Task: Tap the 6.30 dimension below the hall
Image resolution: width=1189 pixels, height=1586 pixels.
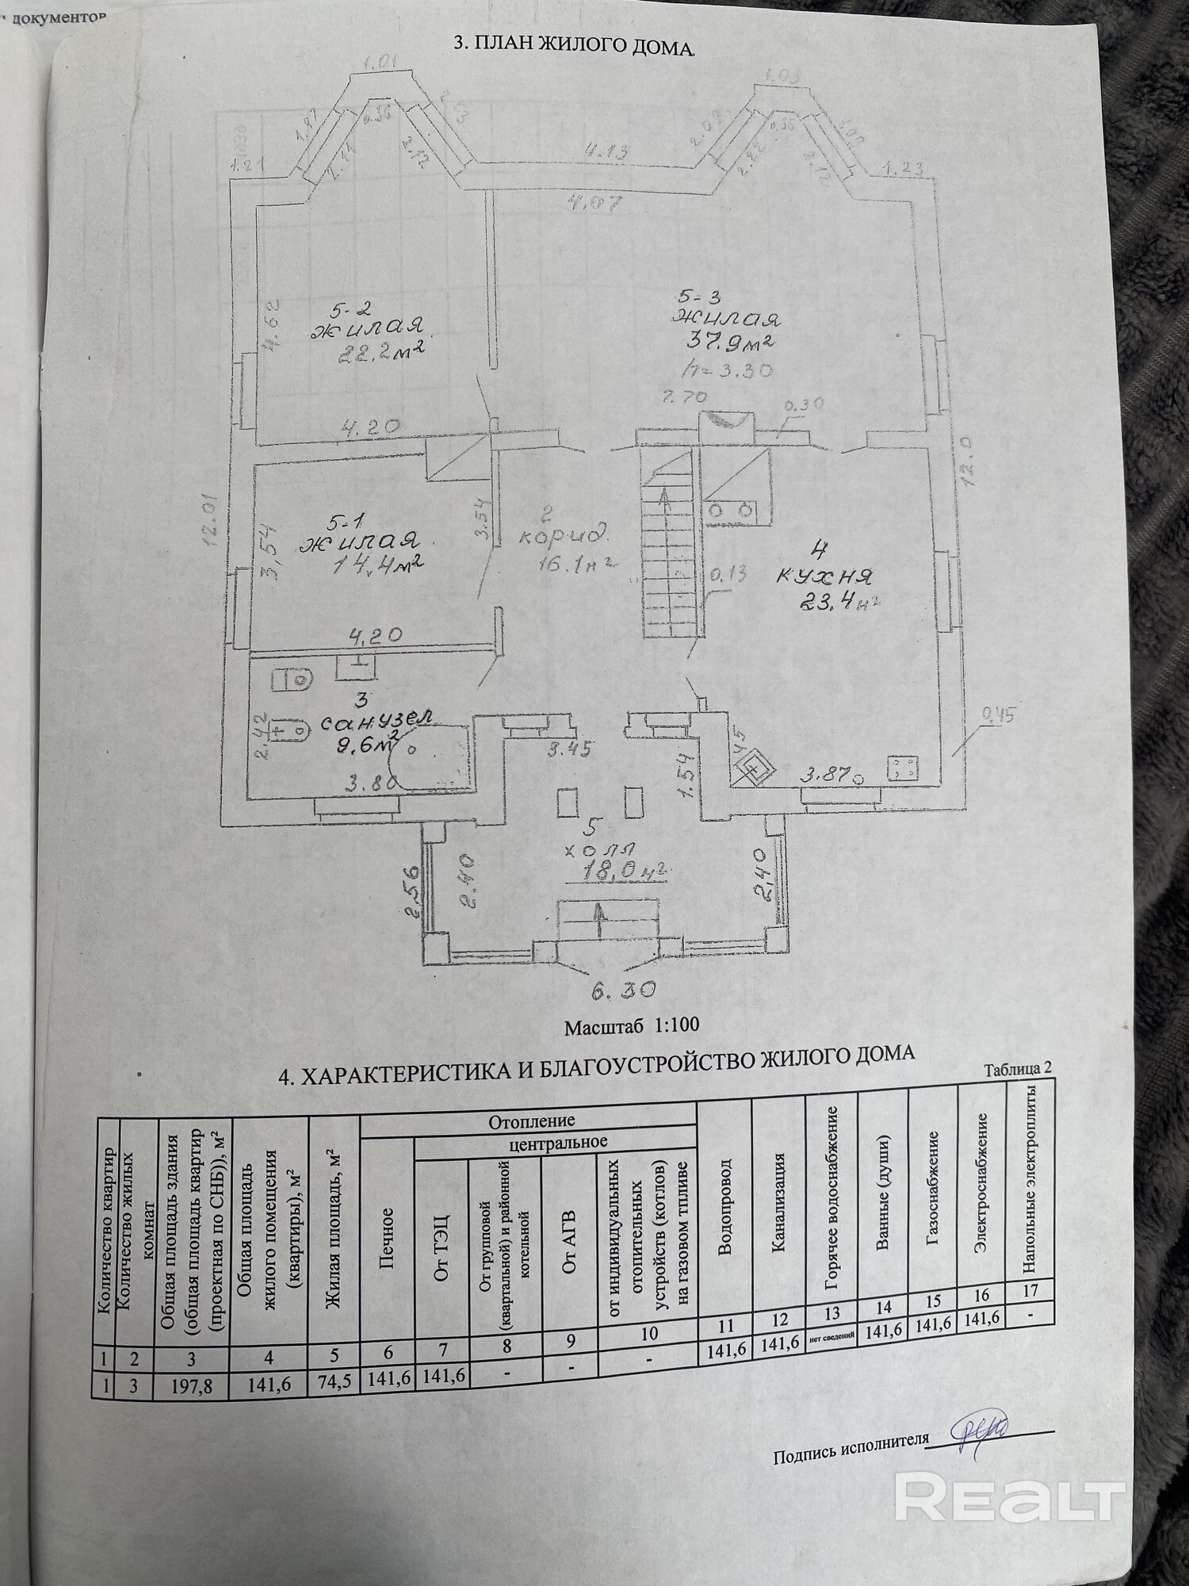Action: [x=622, y=990]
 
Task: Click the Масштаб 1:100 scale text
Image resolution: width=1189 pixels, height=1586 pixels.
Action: [x=631, y=1025]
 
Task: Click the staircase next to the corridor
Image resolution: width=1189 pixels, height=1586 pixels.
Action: [x=671, y=539]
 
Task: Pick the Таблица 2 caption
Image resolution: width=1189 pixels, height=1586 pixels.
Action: [x=1017, y=1067]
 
